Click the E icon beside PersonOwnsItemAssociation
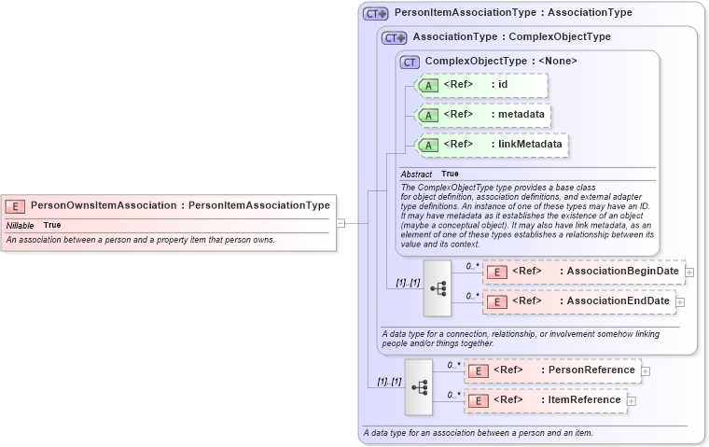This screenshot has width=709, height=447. point(15,205)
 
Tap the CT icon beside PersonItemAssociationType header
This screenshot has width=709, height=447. point(375,14)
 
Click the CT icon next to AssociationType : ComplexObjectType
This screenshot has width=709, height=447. point(395,38)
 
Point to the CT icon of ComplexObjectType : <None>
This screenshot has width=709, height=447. point(410,63)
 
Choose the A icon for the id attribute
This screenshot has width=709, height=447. point(428,86)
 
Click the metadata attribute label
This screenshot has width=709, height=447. point(521,115)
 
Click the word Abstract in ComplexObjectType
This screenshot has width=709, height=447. point(416,175)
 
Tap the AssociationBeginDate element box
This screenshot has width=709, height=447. point(583,272)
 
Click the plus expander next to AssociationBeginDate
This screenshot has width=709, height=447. point(689,272)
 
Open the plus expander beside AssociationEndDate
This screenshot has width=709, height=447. point(680,302)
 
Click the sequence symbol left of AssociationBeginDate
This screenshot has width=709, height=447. point(438,287)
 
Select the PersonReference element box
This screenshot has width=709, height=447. point(553,370)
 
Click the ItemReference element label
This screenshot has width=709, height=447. point(583,400)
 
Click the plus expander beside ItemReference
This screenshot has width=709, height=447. point(632,401)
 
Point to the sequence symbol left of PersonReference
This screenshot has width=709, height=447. point(419,386)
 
